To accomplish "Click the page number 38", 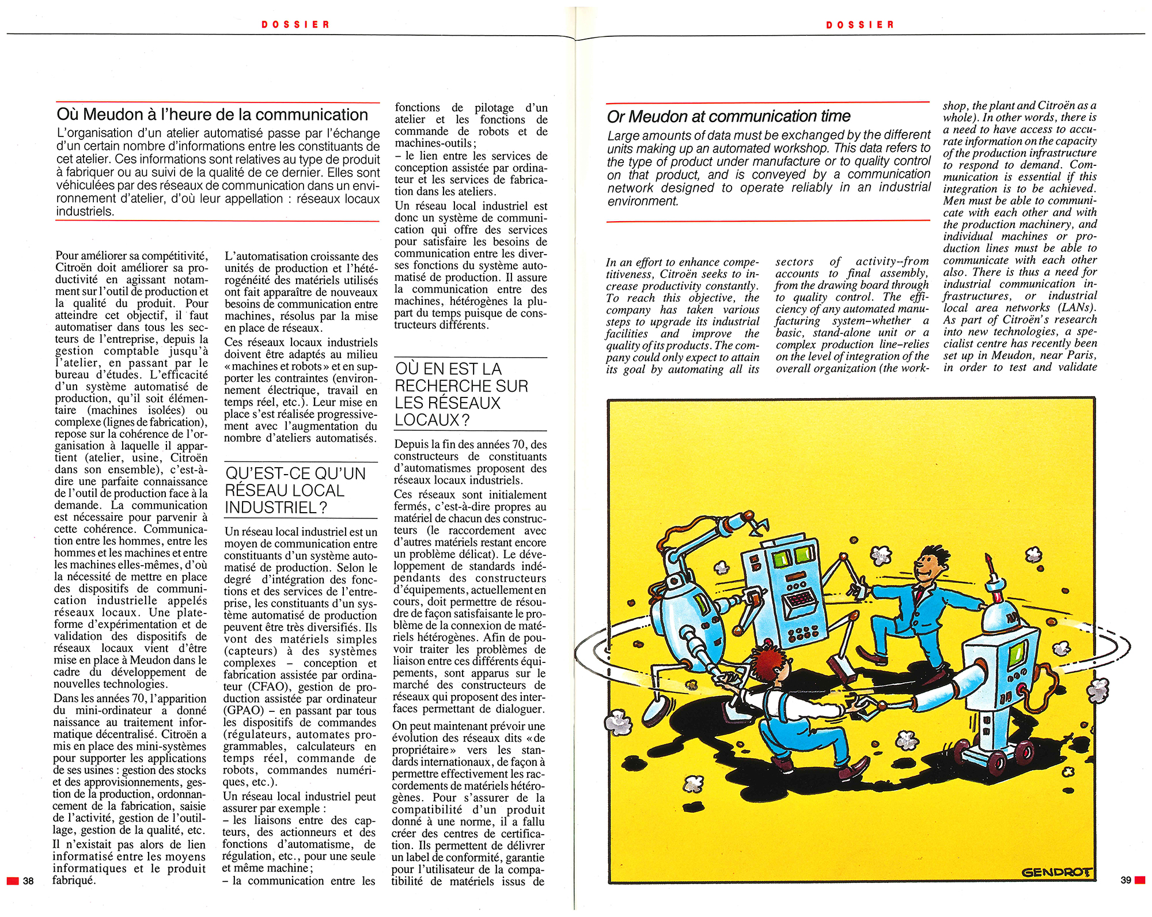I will click(x=28, y=881).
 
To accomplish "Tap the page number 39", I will click(x=1126, y=880).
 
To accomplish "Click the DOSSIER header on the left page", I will click(x=295, y=25).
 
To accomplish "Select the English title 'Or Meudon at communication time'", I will click(x=728, y=116).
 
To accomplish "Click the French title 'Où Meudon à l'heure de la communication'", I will click(x=212, y=115).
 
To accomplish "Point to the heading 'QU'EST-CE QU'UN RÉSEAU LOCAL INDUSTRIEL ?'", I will click(x=295, y=490).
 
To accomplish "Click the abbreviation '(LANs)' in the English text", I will click(x=1077, y=308).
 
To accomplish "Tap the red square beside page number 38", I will click(x=13, y=881).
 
